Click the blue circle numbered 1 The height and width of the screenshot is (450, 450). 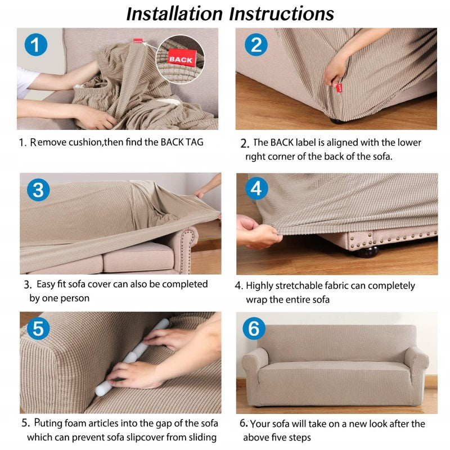coord(36,44)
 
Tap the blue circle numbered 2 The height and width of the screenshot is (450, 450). coord(256,44)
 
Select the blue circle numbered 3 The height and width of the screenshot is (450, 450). coord(38,190)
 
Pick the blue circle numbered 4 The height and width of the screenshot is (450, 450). coord(256,188)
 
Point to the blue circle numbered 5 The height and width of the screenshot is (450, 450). coord(38,328)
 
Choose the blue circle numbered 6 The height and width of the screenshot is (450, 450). coord(254,328)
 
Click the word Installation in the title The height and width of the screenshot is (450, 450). coord(174,13)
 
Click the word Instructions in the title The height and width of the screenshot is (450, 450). coord(282,13)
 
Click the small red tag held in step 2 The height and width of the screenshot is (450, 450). coord(339,88)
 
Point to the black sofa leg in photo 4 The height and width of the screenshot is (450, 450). coord(368,252)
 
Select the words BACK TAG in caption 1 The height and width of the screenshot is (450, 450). coord(182,142)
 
